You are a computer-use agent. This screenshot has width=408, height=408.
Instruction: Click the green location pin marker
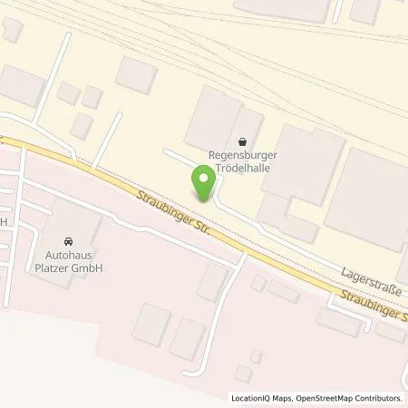coord(204,185)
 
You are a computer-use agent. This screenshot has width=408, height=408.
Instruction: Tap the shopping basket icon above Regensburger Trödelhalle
coord(241,141)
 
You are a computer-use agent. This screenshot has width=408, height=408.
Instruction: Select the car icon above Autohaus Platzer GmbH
coord(68,242)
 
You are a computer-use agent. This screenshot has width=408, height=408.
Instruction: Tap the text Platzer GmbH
coord(68,268)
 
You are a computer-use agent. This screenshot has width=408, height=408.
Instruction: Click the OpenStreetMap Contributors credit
coord(355,398)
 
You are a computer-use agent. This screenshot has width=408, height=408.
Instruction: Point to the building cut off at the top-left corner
coord(12,29)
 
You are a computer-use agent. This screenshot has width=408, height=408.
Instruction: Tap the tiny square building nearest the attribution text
coord(242,373)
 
